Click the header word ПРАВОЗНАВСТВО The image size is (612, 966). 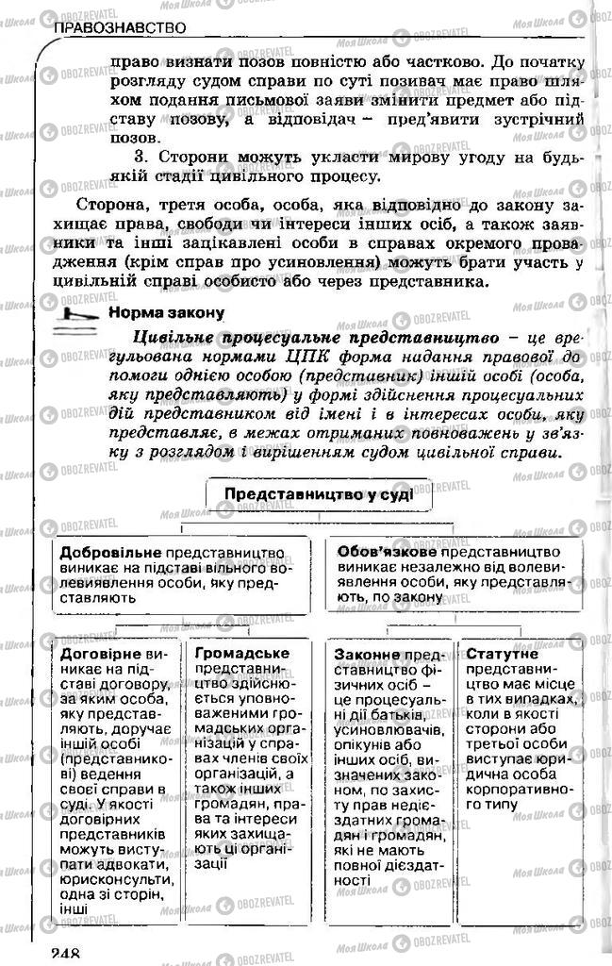point(119,29)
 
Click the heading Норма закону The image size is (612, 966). point(166,312)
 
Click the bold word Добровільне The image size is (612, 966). point(111,552)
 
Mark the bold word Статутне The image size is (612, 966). point(502,653)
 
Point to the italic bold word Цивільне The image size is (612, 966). point(176,335)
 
